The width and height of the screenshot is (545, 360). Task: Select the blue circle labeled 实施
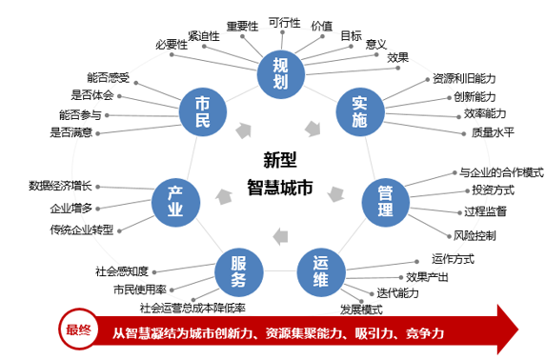(x=358, y=112)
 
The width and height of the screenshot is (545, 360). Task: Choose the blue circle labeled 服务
(x=238, y=270)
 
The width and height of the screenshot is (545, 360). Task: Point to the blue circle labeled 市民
(x=202, y=112)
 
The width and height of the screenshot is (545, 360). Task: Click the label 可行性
(x=283, y=22)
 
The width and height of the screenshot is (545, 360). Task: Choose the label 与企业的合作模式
(x=501, y=172)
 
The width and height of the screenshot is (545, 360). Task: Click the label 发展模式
(x=360, y=310)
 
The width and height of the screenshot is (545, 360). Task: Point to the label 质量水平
(x=493, y=132)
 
